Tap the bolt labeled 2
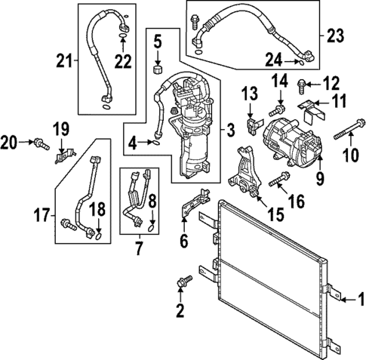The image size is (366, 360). click(x=180, y=282)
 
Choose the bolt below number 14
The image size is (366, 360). click(x=278, y=112)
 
